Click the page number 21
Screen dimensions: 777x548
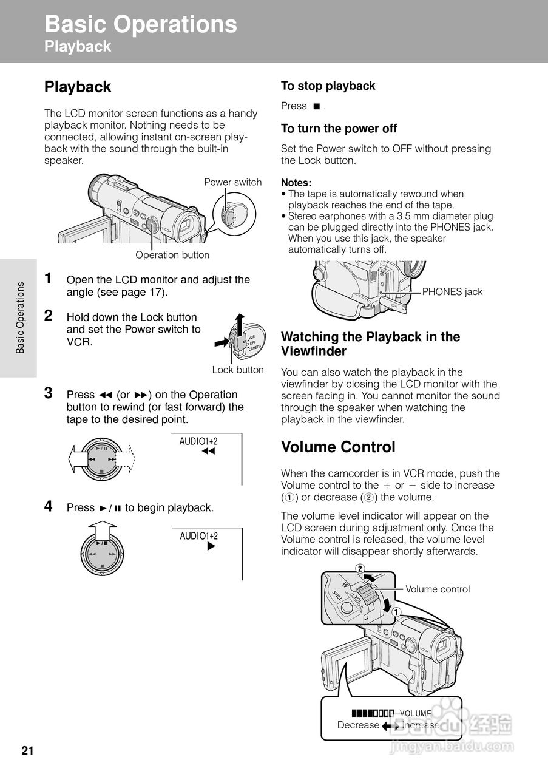click(x=27, y=751)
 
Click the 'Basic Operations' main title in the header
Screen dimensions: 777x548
click(x=141, y=24)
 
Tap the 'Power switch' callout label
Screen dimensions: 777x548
click(x=232, y=182)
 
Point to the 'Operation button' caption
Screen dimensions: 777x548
click(x=172, y=255)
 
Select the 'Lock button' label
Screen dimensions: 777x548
click(x=238, y=370)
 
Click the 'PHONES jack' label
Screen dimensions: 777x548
click(x=452, y=292)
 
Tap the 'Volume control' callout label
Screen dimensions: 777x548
click(x=437, y=589)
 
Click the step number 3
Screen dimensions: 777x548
click(x=49, y=393)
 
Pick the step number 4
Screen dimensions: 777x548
click(x=49, y=506)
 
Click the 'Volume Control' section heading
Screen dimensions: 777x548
click(x=338, y=447)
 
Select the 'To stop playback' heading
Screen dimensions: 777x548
click(x=328, y=86)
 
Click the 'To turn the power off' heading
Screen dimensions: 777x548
click(x=339, y=129)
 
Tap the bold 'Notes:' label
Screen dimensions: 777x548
click(x=296, y=183)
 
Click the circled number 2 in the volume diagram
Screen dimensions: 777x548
click(x=360, y=569)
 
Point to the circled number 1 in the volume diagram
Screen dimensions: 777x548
click(x=395, y=612)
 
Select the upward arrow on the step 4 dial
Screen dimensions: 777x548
click(x=102, y=532)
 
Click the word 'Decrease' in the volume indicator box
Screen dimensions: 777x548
click(x=358, y=725)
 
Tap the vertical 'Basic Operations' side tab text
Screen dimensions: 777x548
click(x=20, y=317)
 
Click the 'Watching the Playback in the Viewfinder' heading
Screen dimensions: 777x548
click(x=370, y=344)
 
